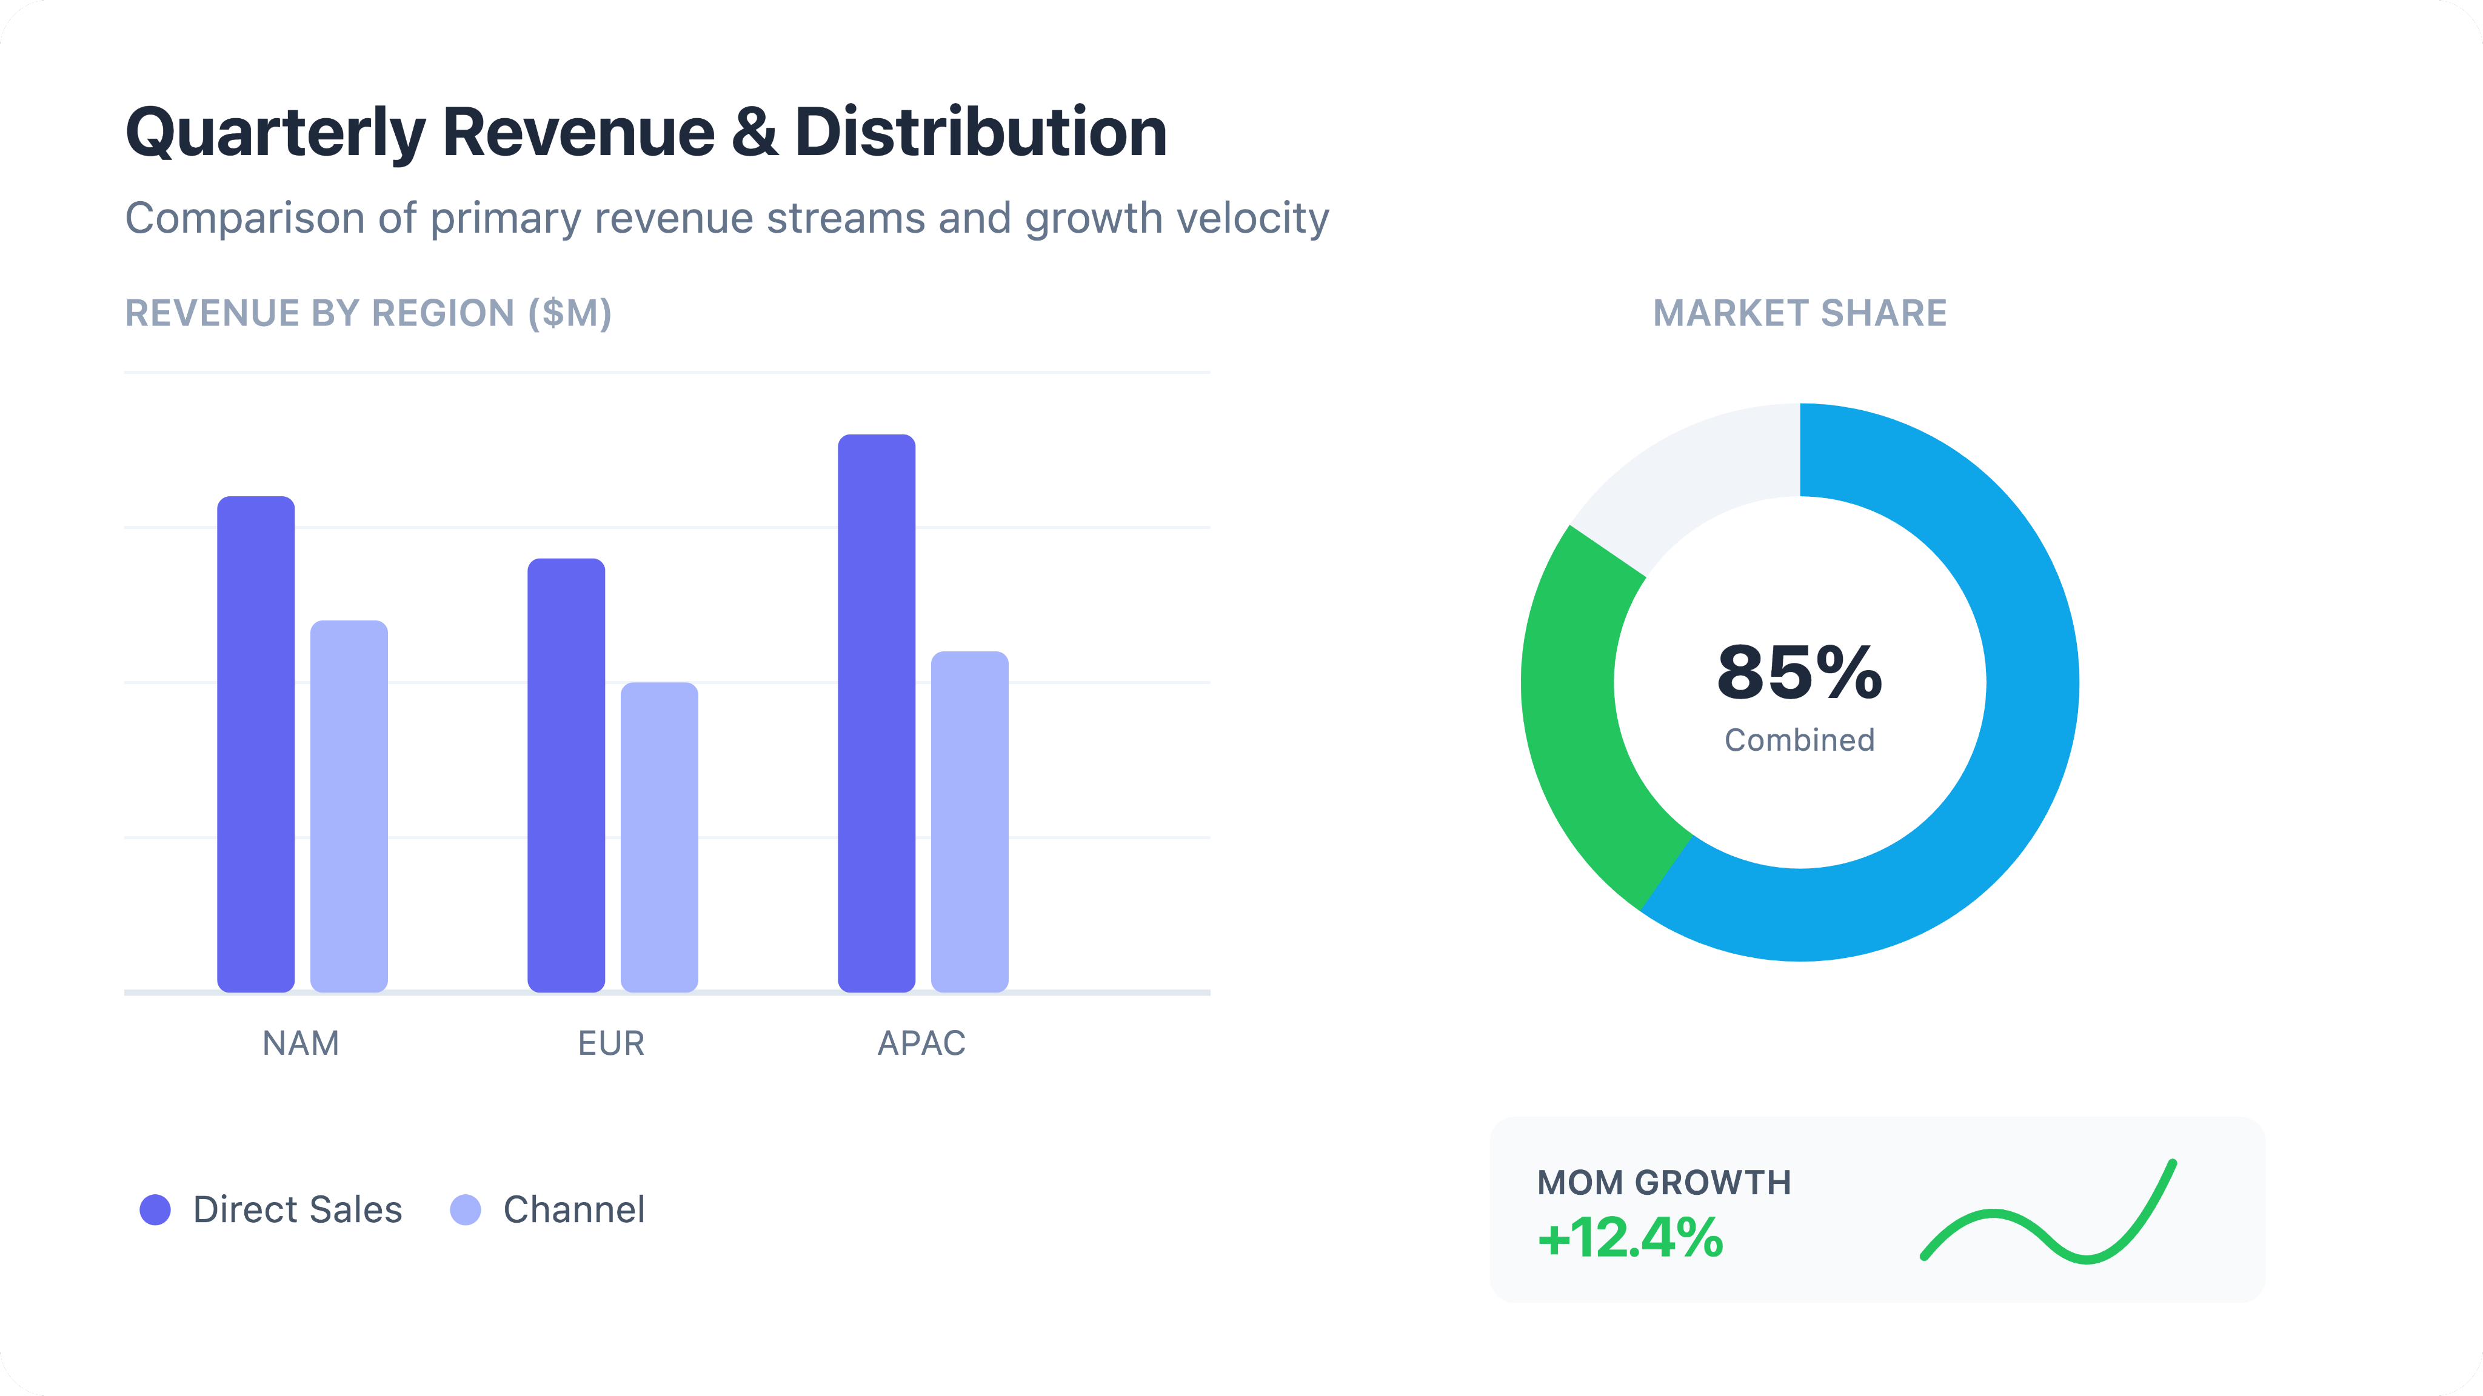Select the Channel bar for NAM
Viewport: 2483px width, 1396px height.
point(349,805)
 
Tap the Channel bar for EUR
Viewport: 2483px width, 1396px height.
point(660,836)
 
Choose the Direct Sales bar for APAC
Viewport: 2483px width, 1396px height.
point(876,713)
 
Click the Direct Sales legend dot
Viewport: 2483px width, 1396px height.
point(155,1210)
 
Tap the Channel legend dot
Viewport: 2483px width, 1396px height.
point(466,1210)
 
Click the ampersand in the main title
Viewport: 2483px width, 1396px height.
point(754,132)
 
